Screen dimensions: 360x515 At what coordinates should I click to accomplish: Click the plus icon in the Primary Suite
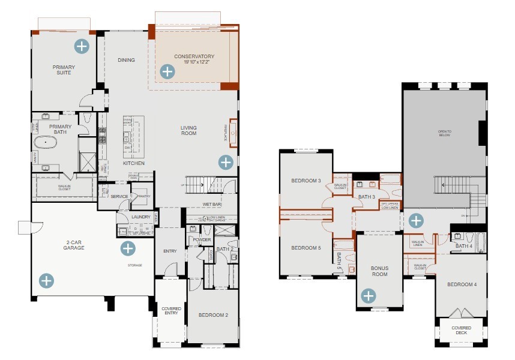pos(81,46)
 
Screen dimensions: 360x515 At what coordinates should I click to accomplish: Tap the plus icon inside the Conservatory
pos(166,72)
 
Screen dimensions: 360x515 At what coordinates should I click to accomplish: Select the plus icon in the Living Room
pos(226,161)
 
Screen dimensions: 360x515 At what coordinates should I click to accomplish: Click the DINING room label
pos(126,60)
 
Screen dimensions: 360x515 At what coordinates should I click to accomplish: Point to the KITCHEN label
pos(133,163)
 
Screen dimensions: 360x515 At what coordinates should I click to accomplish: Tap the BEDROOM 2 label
pos(213,315)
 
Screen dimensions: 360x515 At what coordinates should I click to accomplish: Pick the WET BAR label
pos(212,205)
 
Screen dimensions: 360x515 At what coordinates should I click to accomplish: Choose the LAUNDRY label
pos(140,217)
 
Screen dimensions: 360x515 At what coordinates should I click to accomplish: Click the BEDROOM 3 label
pos(306,181)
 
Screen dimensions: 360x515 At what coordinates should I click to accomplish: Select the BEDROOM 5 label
pos(306,248)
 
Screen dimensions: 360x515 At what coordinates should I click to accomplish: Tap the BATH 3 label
pos(367,196)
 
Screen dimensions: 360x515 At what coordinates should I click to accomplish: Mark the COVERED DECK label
pos(461,331)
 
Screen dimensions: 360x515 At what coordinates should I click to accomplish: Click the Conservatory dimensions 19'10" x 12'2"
pos(194,63)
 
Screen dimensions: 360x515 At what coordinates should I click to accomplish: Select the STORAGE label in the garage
pos(134,265)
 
